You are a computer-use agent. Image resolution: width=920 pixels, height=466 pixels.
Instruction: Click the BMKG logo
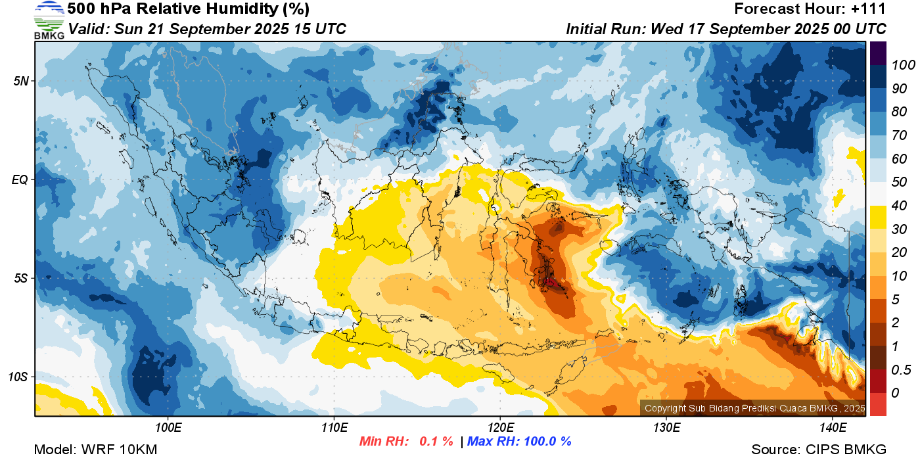tap(49, 20)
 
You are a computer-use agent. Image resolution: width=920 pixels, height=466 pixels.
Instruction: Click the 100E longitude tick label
tap(168, 428)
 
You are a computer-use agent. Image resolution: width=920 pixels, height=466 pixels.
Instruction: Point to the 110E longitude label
tap(334, 428)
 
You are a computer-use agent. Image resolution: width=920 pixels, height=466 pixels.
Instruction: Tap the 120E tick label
tap(501, 428)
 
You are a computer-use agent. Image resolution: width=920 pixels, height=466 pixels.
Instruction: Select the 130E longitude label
tap(666, 428)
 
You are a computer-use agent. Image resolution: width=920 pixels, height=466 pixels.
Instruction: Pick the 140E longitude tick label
tap(833, 428)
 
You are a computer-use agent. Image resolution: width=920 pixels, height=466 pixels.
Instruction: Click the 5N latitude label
tap(21, 81)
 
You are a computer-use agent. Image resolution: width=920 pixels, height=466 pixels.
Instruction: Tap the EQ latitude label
tap(20, 179)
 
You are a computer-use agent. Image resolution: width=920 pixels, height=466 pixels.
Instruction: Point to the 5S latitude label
tap(21, 278)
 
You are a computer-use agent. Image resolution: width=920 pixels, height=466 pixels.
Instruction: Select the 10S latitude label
tap(18, 377)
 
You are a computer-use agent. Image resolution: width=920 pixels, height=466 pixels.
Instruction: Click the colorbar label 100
tap(903, 65)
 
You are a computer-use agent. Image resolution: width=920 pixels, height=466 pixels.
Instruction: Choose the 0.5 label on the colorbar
tap(901, 370)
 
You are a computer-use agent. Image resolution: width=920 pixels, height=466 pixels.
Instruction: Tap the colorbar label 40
tap(899, 206)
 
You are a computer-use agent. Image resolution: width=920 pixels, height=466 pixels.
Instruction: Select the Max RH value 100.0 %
tap(548, 441)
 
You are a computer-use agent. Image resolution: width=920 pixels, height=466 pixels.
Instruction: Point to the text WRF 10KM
tap(120, 450)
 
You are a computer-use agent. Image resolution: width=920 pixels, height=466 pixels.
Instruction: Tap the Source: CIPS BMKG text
tap(819, 450)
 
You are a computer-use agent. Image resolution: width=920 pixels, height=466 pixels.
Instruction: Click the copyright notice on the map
tap(755, 408)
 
